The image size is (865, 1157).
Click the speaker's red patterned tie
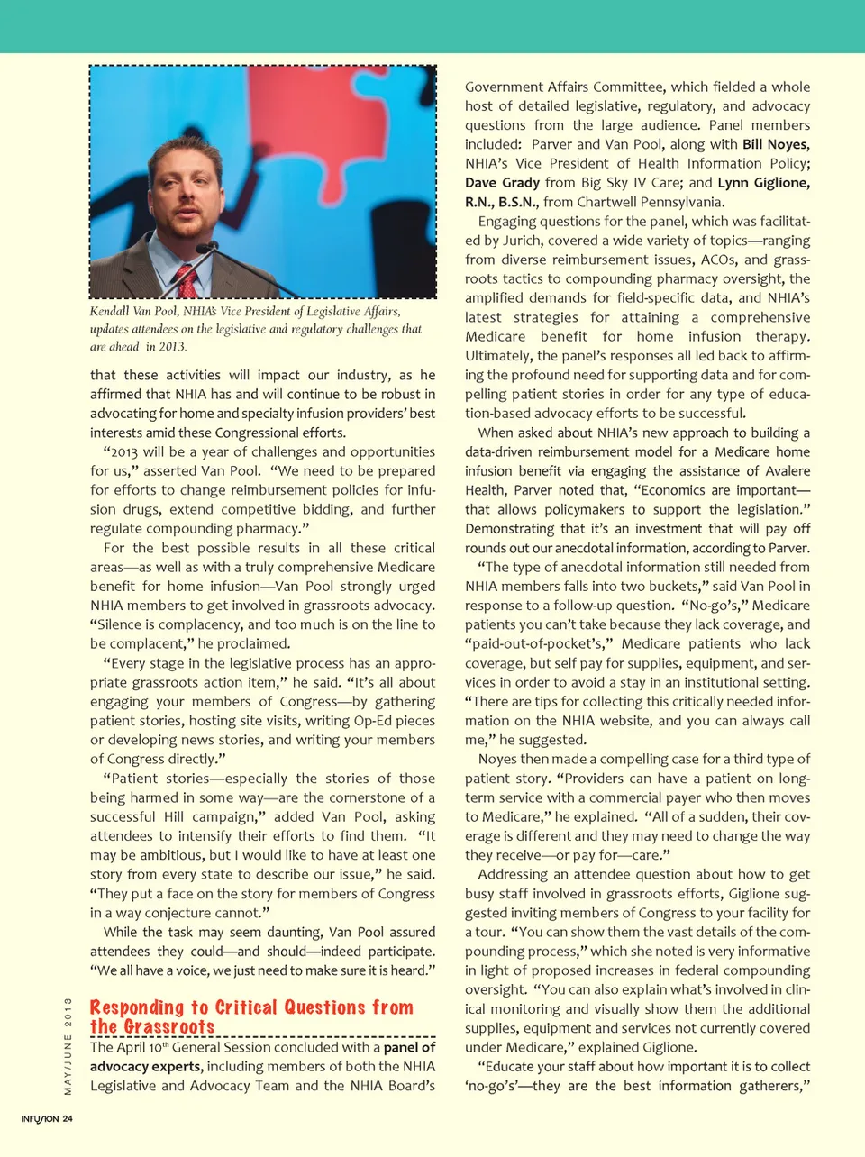point(187,282)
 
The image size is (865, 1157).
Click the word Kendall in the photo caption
point(109,311)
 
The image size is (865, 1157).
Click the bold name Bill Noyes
point(775,144)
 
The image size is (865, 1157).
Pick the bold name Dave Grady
point(502,183)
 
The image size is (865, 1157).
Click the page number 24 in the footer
point(68,1119)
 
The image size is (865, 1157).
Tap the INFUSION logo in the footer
point(40,1119)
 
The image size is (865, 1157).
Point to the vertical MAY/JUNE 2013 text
point(68,1046)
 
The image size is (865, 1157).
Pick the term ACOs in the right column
point(716,260)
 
